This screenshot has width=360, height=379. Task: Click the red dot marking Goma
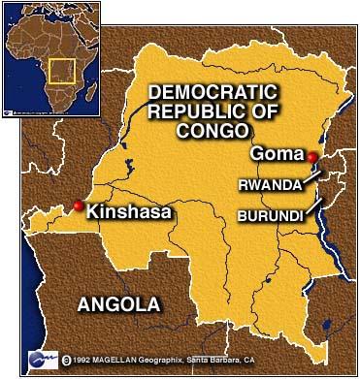coord(312,157)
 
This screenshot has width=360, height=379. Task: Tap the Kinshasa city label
coord(123,210)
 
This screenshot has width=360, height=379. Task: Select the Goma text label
coord(277,153)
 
